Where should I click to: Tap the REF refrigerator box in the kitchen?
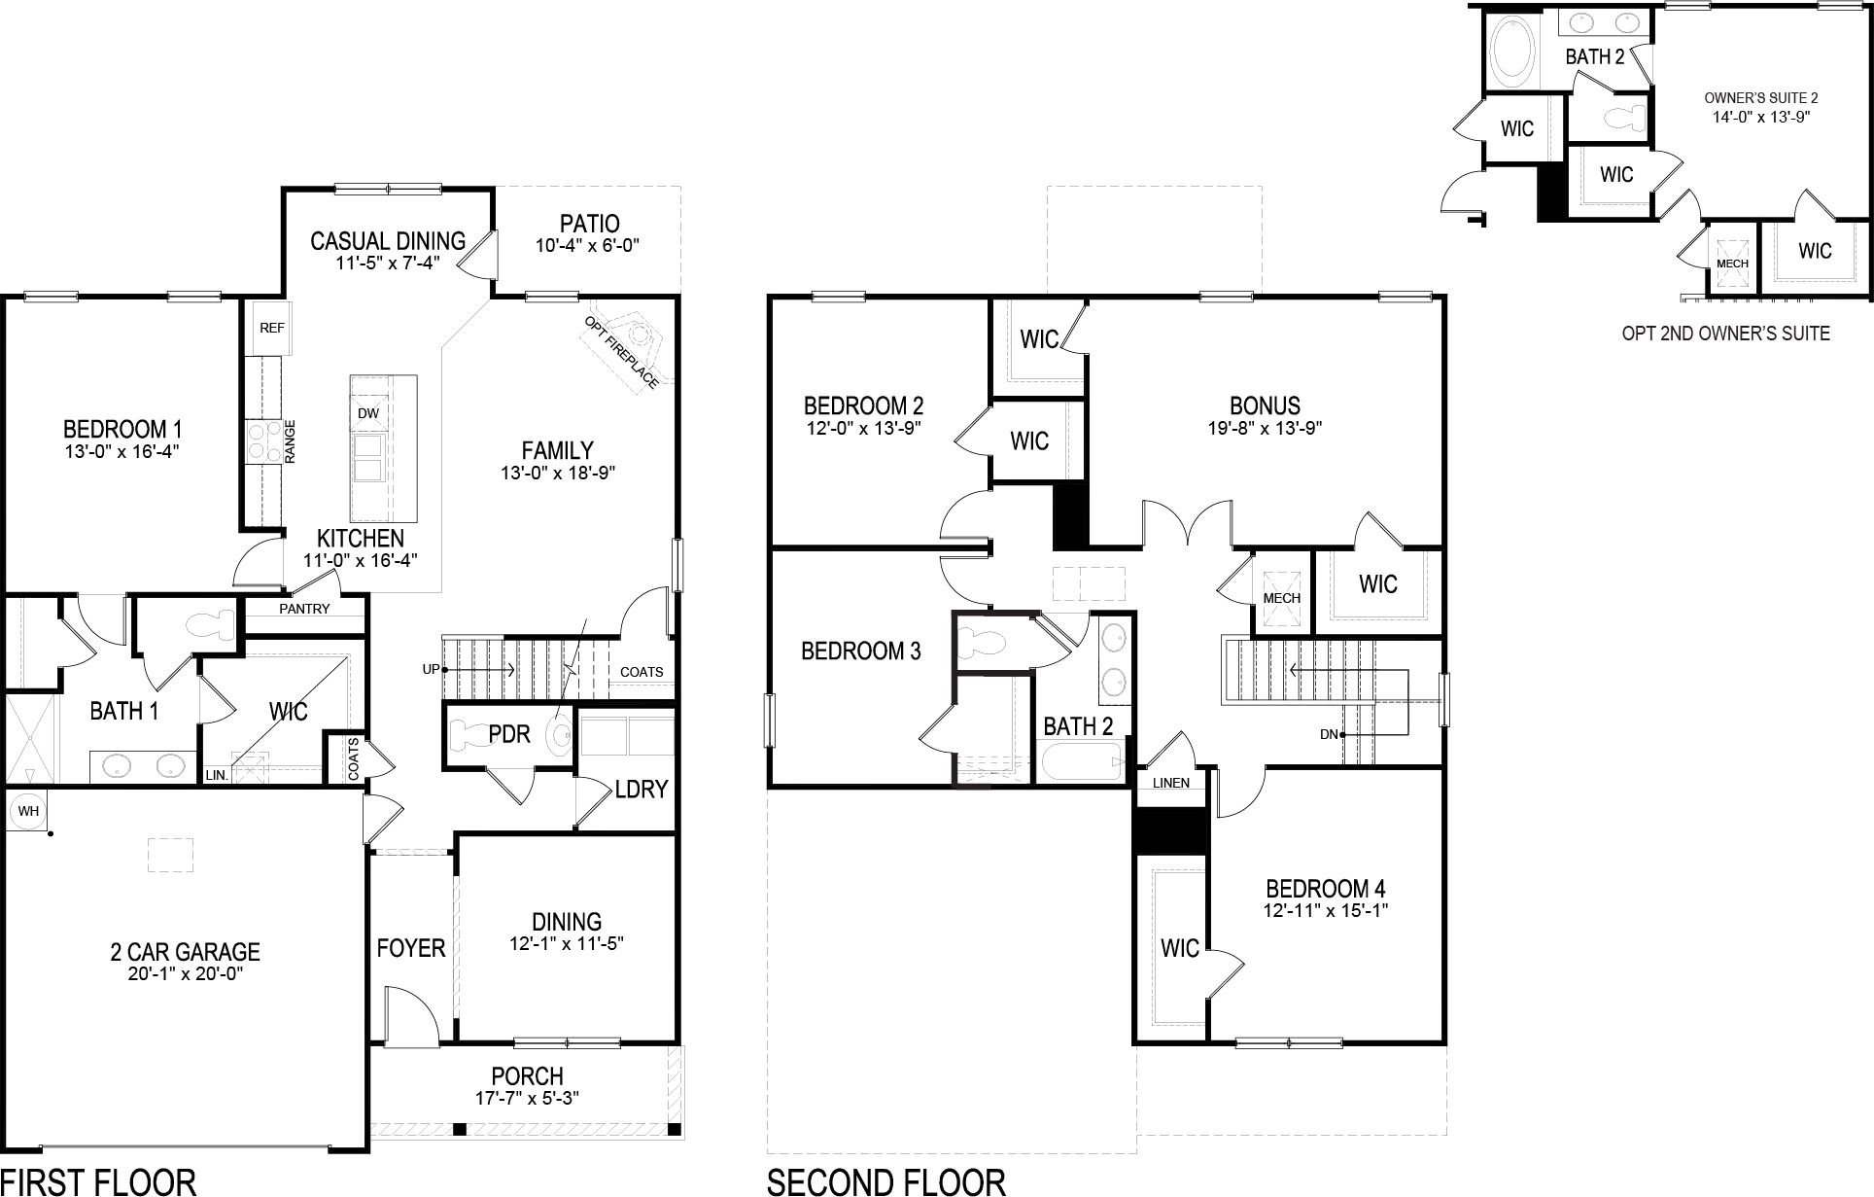[x=271, y=328]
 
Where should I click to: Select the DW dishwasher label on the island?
[x=368, y=413]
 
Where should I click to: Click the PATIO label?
[x=589, y=225]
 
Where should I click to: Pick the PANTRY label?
[x=304, y=609]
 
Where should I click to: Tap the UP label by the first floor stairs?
[x=431, y=669]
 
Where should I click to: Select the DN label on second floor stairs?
[x=1330, y=734]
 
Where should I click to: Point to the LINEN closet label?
[x=1171, y=783]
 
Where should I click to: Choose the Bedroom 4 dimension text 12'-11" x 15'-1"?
[x=1325, y=911]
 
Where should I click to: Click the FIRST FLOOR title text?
[x=99, y=1181]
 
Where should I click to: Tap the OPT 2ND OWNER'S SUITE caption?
[x=1725, y=334]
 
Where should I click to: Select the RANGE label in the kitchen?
[x=290, y=441]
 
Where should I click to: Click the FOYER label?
[x=410, y=948]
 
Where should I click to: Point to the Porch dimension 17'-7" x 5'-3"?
[x=527, y=1099]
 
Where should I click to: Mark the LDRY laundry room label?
[x=642, y=789]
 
